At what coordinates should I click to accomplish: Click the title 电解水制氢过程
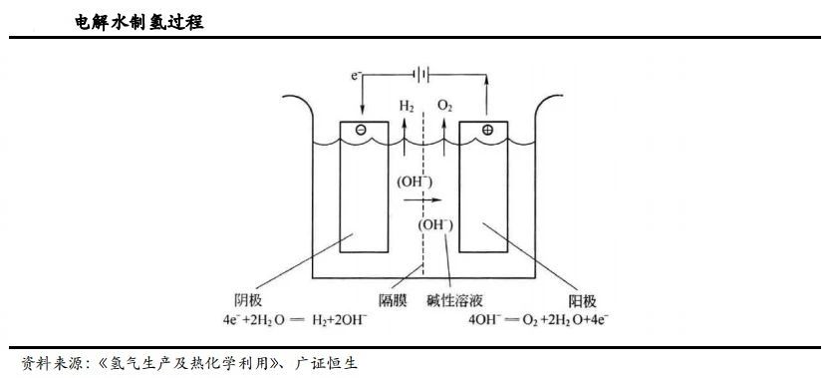coord(139,21)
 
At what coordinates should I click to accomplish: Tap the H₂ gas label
coord(407,105)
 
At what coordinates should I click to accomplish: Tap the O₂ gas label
coord(445,105)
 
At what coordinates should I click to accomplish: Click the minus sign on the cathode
coord(360,131)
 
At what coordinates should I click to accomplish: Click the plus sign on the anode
coord(487,131)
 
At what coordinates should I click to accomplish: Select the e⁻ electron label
coord(357,75)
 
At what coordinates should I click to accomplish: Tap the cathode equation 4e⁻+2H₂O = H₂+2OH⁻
coord(282,320)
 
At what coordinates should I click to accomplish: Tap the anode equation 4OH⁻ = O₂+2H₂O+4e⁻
coord(543,320)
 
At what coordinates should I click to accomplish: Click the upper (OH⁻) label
coord(415,182)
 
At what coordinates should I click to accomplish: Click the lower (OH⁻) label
coord(436,224)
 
